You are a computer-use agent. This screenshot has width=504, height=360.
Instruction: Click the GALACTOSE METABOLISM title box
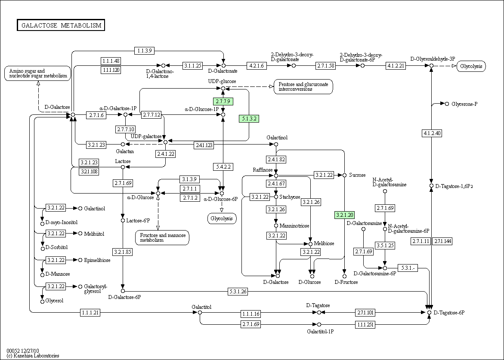point(61,25)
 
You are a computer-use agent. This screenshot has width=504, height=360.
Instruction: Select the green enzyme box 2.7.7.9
point(223,102)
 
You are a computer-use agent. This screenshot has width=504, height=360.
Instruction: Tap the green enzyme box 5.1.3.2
point(249,119)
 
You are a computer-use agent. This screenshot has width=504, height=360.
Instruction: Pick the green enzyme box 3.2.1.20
point(345,215)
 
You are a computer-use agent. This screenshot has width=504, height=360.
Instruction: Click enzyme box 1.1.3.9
point(145,50)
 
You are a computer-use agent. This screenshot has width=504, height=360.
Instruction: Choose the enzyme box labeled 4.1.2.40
point(432,133)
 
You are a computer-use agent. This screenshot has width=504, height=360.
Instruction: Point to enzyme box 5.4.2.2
point(223,167)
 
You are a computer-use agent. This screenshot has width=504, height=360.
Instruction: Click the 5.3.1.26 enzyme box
point(238,292)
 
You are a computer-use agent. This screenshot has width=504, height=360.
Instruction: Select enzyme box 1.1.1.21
point(90,312)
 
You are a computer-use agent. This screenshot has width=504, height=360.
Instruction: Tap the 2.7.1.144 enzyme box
point(442,241)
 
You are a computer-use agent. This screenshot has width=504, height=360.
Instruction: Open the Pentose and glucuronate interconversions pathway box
point(303,87)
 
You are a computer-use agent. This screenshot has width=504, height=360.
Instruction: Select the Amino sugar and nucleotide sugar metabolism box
point(37,73)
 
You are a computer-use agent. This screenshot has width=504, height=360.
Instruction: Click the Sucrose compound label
point(357,175)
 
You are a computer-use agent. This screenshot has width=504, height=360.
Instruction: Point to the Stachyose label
point(290,197)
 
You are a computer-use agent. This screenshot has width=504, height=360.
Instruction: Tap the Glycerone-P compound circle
point(447,104)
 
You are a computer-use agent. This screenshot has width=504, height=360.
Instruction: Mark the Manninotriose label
point(294,226)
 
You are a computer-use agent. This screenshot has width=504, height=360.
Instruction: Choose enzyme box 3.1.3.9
point(190,179)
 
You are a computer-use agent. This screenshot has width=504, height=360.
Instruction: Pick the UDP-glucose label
point(222,81)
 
